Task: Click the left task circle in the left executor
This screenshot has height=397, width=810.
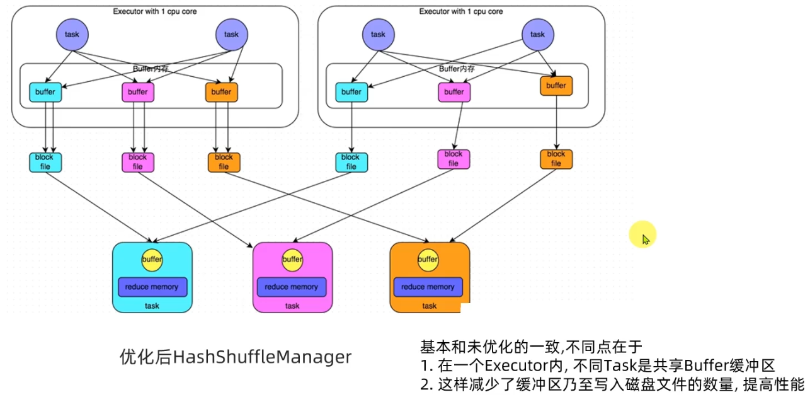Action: [x=72, y=35]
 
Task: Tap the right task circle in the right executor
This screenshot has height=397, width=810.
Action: [x=538, y=35]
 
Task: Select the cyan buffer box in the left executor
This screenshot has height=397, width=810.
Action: [x=45, y=92]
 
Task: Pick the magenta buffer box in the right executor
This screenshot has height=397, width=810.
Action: [x=454, y=92]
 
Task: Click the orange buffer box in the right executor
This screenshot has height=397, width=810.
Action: [x=556, y=86]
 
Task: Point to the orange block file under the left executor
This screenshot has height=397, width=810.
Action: [x=224, y=162]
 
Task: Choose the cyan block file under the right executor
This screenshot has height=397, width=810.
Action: [x=351, y=162]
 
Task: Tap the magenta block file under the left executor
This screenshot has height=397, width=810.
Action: [x=138, y=162]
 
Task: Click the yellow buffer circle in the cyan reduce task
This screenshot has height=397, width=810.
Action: [x=152, y=260]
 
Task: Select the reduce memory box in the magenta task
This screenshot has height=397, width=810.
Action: [x=292, y=287]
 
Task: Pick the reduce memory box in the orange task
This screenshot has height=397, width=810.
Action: [x=428, y=287]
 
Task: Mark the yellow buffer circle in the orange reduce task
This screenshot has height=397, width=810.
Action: [x=428, y=260]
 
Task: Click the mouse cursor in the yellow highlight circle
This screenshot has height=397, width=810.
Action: [x=646, y=239]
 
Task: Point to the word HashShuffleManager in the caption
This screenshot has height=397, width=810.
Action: [x=262, y=357]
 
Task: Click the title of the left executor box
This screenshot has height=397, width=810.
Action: [x=155, y=11]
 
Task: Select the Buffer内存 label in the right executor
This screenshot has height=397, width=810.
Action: [x=457, y=69]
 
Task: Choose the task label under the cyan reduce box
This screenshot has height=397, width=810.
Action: [x=152, y=306]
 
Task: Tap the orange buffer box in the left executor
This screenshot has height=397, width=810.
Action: [x=221, y=92]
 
